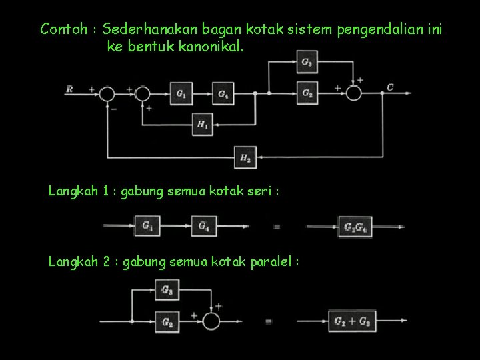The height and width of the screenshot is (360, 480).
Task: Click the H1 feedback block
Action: [203, 123]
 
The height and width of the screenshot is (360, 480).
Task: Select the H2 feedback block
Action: [245, 157]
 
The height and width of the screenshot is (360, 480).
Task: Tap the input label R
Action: [69, 89]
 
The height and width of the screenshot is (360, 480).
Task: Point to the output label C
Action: [389, 87]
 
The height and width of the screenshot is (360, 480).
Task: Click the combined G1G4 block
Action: [354, 227]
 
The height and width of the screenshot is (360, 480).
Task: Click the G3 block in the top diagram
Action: [307, 63]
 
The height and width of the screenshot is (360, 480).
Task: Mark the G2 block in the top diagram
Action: [307, 93]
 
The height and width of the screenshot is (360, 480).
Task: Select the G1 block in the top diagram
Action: [181, 94]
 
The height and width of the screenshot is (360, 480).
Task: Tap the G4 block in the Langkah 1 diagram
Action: [204, 227]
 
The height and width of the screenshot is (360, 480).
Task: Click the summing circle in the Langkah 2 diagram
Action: [211, 321]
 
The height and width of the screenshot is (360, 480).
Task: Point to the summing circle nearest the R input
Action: [107, 94]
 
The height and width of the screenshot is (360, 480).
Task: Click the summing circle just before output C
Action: [353, 93]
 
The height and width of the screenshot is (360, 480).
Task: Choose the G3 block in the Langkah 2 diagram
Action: [167, 289]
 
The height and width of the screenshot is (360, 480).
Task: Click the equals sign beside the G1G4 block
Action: [277, 227]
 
